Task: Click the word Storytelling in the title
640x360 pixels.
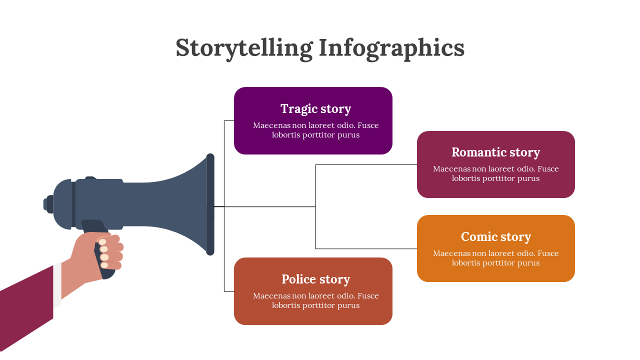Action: click(244, 48)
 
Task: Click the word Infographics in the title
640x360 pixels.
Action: click(391, 48)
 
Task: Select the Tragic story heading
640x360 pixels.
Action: click(315, 108)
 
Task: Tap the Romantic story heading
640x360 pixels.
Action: click(495, 152)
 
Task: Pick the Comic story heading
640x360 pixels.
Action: click(495, 236)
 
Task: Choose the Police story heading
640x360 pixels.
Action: click(315, 279)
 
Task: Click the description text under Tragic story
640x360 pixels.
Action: click(315, 130)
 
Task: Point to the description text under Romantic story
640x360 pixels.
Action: click(495, 173)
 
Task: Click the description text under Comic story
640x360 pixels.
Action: click(495, 258)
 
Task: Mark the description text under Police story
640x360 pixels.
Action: click(315, 300)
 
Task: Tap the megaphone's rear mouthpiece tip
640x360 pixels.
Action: click(46, 204)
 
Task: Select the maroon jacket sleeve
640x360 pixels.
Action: click(25, 310)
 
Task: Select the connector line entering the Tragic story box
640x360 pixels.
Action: click(229, 120)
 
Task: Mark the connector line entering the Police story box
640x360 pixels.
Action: click(229, 291)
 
